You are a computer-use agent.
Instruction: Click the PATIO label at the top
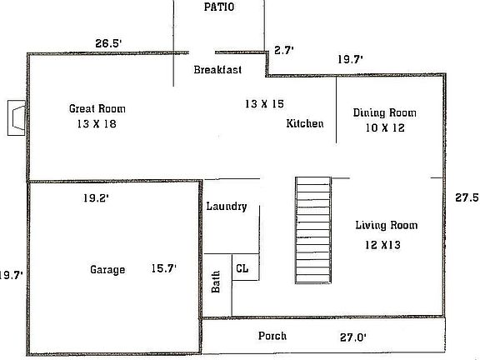220,7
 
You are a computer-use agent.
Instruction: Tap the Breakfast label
217,70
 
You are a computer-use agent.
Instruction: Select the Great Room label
97,108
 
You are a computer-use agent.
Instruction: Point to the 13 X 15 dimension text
264,103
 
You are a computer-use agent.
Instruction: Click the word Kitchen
305,123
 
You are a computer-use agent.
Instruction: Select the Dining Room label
384,112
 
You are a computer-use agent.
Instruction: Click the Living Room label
386,225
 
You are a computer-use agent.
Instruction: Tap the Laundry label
227,206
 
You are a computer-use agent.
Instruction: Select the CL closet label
242,267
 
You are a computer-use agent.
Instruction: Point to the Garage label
107,269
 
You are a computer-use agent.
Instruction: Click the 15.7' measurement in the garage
162,268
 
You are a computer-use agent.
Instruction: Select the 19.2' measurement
97,198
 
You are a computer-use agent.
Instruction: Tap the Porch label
272,336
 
